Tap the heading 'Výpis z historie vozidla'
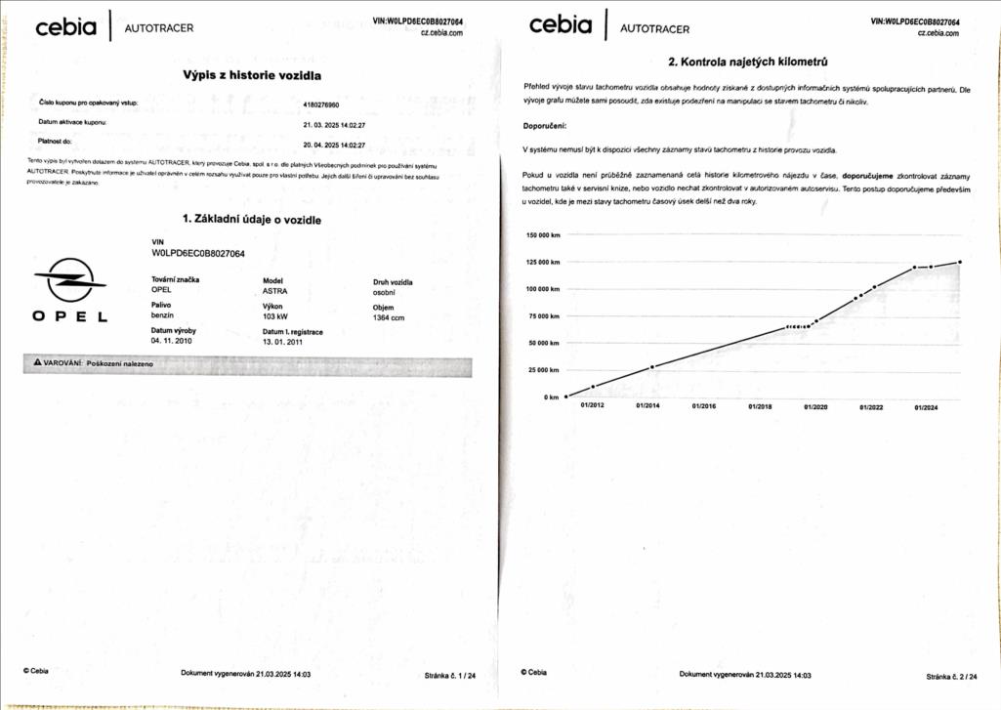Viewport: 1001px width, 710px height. (252, 74)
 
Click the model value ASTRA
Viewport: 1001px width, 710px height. (275, 291)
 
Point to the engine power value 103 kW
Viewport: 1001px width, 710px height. (275, 316)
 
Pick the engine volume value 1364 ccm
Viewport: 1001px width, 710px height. (389, 317)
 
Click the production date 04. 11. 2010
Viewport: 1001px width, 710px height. (172, 342)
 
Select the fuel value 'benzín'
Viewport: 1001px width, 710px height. (162, 316)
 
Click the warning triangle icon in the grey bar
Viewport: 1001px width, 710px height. (37, 363)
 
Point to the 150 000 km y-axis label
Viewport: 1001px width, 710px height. (543, 235)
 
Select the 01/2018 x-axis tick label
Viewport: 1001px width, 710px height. (760, 406)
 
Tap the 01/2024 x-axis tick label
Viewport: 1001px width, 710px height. (926, 407)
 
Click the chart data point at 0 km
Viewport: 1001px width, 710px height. (566, 397)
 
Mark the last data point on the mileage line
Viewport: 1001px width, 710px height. (960, 262)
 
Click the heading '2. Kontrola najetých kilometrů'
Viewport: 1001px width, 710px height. (748, 62)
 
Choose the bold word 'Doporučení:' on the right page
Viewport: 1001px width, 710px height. (545, 126)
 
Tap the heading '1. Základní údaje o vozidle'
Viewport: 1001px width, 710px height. (252, 220)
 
